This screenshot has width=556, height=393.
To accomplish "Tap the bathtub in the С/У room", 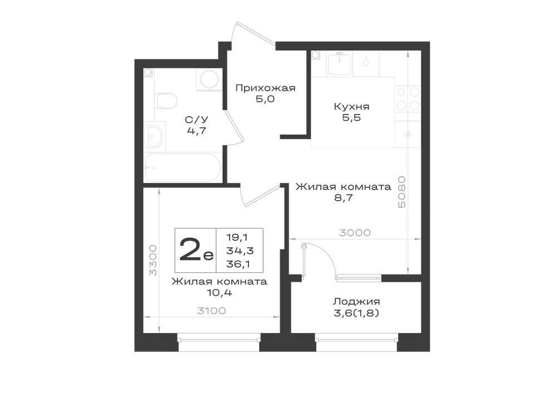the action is click(x=182, y=168).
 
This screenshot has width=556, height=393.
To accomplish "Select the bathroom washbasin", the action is click(x=155, y=136).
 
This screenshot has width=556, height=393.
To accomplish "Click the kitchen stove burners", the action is click(x=408, y=99).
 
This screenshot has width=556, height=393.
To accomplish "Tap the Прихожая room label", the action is click(x=265, y=88).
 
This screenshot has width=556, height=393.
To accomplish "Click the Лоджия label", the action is click(x=356, y=302).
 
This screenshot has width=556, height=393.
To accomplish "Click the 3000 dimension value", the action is click(x=355, y=233).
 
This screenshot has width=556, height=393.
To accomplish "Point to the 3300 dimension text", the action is click(x=153, y=260).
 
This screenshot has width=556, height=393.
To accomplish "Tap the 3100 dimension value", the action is click(x=211, y=311).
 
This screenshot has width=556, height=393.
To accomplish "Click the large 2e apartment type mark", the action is click(x=196, y=250).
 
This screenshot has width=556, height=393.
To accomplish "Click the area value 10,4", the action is click(x=220, y=293).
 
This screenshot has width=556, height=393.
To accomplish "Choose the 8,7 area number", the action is click(x=344, y=198).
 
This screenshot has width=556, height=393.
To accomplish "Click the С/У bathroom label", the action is click(x=196, y=120).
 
